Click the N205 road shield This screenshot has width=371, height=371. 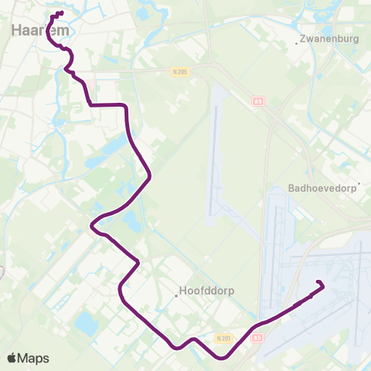(x=179, y=70)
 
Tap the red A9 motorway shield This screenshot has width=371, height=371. (x=257, y=100)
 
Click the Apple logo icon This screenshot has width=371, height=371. (x=13, y=358)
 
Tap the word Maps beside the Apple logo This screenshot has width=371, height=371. (x=34, y=358)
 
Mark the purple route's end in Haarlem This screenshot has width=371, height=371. (x=61, y=13)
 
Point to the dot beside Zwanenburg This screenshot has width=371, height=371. (x=297, y=43)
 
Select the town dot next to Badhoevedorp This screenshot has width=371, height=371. (x=358, y=184)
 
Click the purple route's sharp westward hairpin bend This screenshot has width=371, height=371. (x=92, y=226)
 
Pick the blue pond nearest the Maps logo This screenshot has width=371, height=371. (x=86, y=325)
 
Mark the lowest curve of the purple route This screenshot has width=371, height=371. (x=223, y=358)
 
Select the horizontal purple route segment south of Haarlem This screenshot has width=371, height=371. (x=108, y=104)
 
